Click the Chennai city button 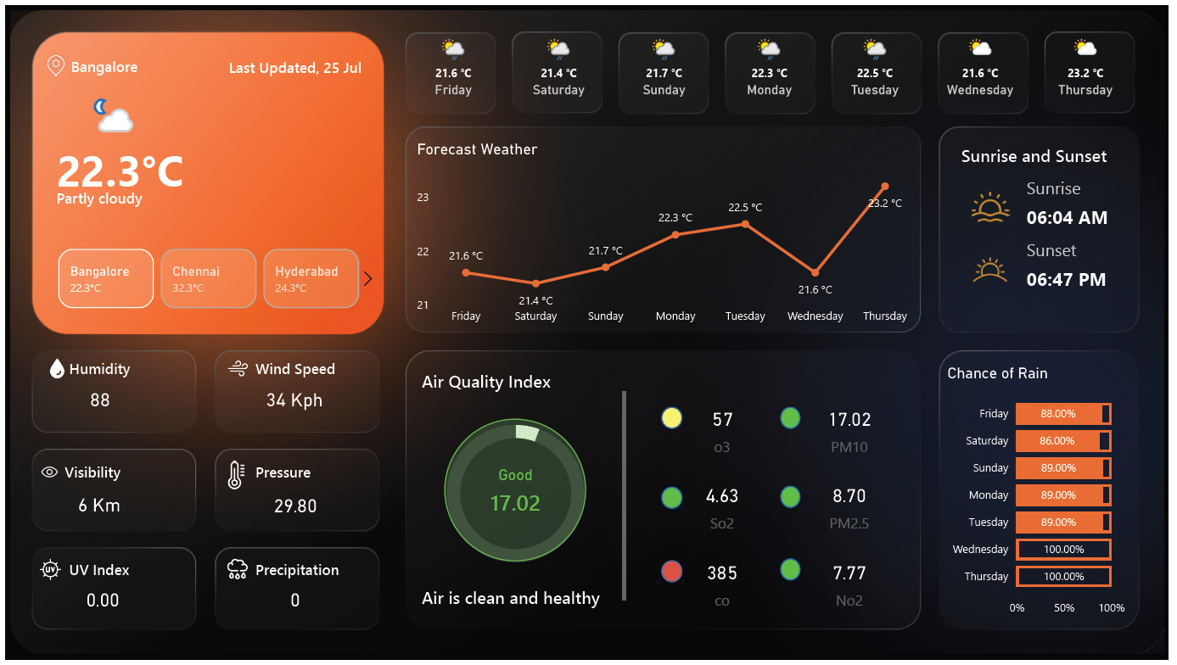pos(208,278)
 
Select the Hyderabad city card pos(311,278)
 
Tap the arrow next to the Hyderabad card pos(367,278)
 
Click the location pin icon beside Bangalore pos(56,66)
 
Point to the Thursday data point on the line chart pos(885,187)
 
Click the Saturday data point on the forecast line pos(535,283)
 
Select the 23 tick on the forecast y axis pos(423,198)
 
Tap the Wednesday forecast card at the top pos(980,72)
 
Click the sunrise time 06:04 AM pos(1067,218)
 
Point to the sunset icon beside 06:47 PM pos(990,270)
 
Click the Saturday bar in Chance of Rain pos(1062,441)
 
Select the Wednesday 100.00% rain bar pos(1063,550)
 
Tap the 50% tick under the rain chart pos(1064,608)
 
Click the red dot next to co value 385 pos(672,572)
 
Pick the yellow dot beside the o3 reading pos(672,418)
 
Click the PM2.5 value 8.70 pos(849,496)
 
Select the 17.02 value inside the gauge pos(515,503)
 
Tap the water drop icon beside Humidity pos(57,368)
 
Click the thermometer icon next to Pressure pos(236,474)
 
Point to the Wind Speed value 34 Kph pos(294,400)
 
